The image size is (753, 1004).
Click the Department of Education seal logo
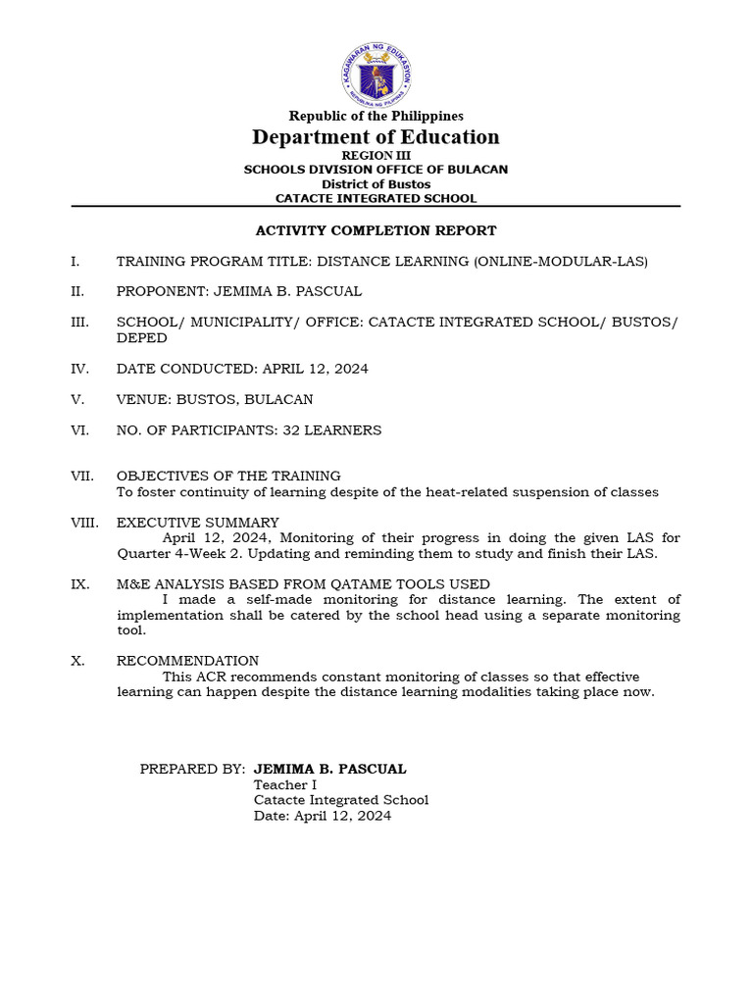(376, 74)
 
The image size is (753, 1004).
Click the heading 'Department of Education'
(376, 137)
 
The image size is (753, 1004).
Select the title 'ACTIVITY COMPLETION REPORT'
(376, 231)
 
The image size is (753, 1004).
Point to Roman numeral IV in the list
(79, 369)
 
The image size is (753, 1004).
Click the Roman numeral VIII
(83, 523)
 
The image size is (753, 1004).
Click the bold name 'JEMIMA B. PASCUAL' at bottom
(330, 770)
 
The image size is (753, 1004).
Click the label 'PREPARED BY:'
(192, 770)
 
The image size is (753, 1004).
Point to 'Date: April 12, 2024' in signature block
(323, 816)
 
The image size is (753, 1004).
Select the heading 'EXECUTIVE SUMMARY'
(198, 523)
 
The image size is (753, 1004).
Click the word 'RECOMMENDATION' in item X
(188, 661)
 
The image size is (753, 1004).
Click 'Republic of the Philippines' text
(376, 117)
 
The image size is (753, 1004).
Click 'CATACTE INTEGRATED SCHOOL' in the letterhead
(376, 199)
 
